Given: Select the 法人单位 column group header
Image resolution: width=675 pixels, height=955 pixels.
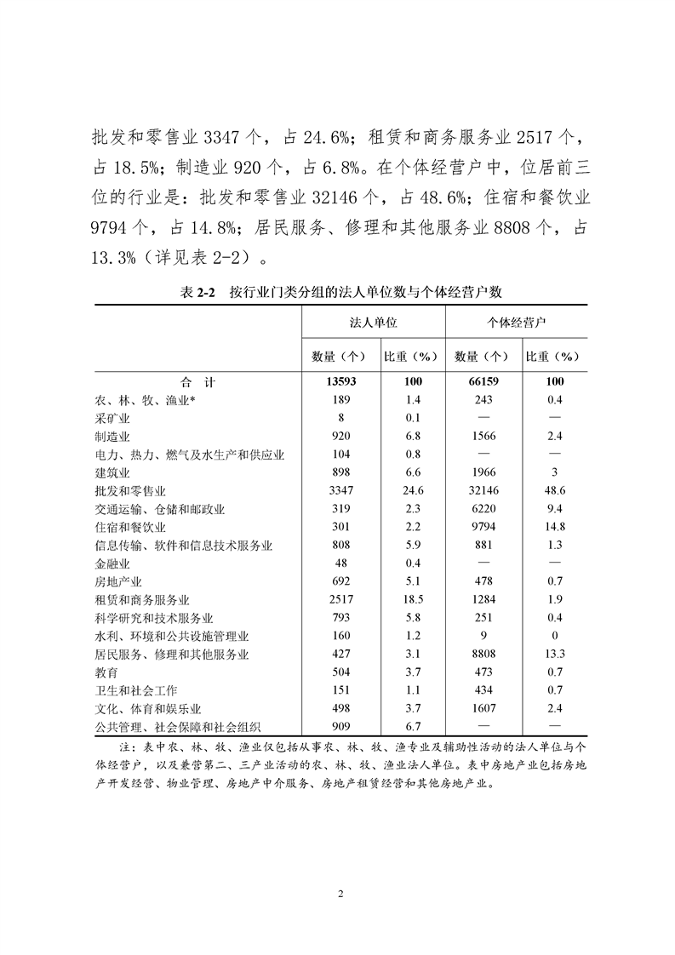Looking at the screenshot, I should click(x=373, y=323).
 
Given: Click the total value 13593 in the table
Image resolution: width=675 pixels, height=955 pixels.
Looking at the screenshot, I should click(x=338, y=381).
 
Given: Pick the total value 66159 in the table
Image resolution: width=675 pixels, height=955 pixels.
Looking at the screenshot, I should click(x=483, y=381).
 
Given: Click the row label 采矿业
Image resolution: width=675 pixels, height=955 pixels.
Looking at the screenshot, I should click(x=112, y=418).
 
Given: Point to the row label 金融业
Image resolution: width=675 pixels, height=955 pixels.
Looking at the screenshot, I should click(x=112, y=563).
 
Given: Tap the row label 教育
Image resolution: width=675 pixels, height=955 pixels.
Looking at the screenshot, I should click(x=106, y=672).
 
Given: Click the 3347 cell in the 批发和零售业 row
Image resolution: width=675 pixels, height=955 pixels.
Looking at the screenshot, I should click(x=338, y=491).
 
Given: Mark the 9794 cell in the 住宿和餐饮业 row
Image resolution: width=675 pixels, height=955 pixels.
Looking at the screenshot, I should click(x=483, y=527).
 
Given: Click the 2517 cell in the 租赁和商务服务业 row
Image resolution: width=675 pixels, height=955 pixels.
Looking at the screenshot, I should click(x=338, y=600).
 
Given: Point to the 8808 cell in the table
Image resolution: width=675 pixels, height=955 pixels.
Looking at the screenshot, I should click(x=483, y=655).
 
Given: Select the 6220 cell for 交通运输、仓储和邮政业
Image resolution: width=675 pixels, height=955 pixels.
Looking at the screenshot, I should click(x=483, y=509).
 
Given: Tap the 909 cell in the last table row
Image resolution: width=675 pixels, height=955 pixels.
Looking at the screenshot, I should click(x=338, y=727).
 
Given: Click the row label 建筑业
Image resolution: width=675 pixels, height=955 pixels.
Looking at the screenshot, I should click(x=112, y=472).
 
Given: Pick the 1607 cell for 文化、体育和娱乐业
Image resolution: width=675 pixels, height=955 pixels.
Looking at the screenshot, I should click(x=483, y=709).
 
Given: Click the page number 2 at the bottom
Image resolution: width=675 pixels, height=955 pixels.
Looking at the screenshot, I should click(x=340, y=895).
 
